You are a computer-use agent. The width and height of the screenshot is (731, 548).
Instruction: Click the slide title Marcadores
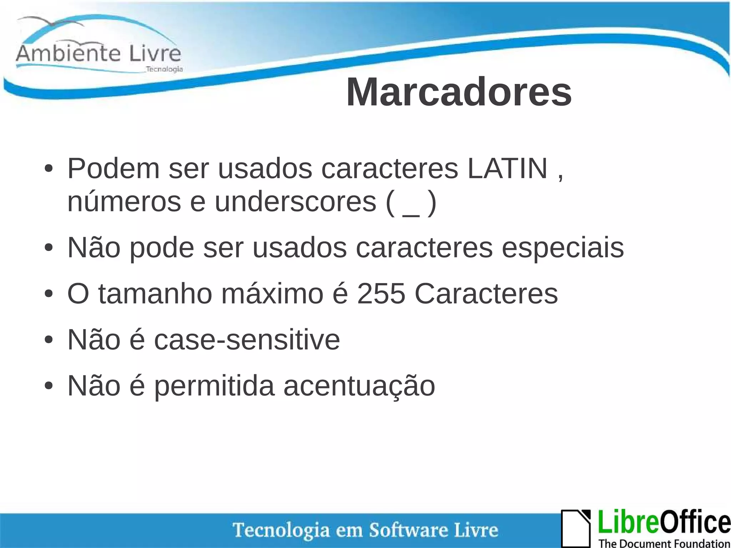point(459,92)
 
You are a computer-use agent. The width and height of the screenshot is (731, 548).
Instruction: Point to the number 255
point(381,294)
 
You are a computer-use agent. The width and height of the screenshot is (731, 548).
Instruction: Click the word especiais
point(563,247)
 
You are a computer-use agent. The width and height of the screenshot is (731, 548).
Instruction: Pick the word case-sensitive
point(247,340)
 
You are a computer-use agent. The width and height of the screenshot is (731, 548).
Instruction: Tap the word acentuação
point(359,386)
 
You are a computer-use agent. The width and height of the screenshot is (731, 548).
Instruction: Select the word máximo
point(272,294)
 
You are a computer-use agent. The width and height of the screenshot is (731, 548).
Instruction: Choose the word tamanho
point(155,294)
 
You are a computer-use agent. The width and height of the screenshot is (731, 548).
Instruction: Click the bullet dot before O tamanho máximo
point(49,294)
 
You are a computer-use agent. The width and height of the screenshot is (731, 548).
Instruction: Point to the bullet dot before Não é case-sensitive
point(49,340)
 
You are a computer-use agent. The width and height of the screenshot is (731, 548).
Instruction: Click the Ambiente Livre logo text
point(99,54)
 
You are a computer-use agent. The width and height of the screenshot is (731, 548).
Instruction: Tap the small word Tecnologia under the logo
point(165,69)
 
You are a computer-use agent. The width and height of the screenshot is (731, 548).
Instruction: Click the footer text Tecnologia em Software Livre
point(365,530)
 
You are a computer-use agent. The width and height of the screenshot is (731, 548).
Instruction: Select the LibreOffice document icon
point(576,528)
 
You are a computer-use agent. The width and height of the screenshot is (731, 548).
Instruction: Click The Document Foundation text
point(664,543)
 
